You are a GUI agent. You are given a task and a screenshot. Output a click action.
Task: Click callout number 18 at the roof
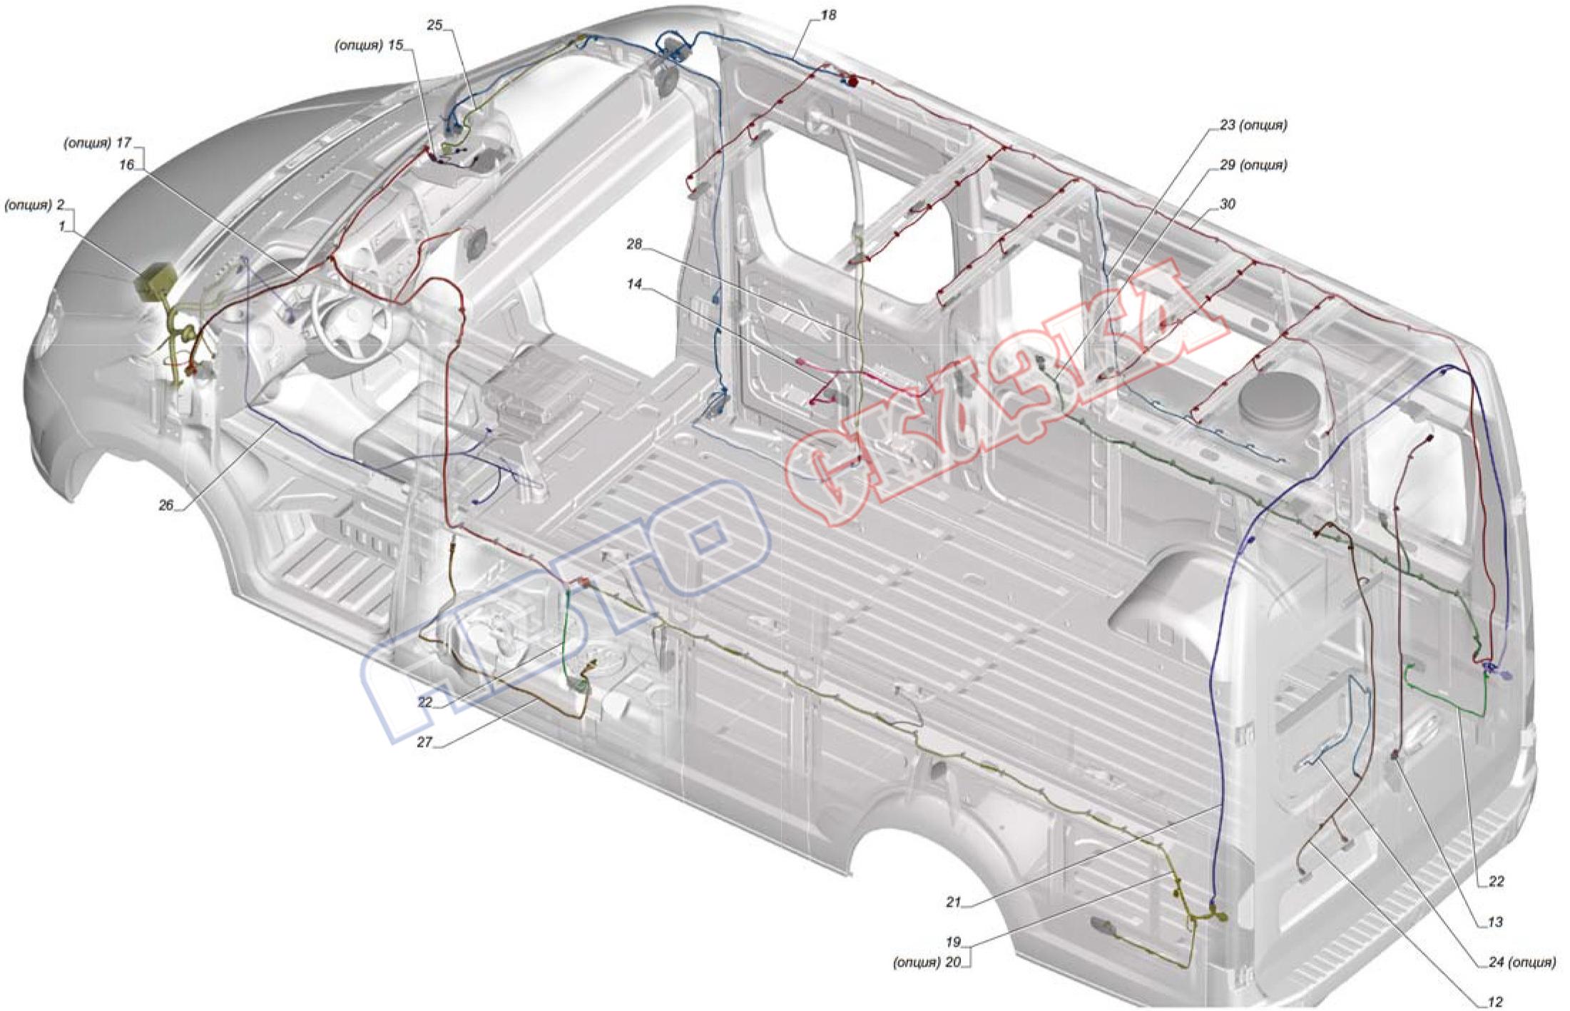pyautogui.click(x=827, y=15)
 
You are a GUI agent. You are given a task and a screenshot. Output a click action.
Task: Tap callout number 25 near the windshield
pyautogui.click(x=434, y=25)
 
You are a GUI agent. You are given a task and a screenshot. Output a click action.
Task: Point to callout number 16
pyautogui.click(x=126, y=165)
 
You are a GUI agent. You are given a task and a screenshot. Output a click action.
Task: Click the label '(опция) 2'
pyautogui.click(x=35, y=205)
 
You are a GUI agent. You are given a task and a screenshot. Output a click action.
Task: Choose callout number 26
pyautogui.click(x=165, y=505)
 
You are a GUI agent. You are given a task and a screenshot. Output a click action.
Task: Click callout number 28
pyautogui.click(x=634, y=244)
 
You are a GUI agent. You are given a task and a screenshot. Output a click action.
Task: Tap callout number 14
pyautogui.click(x=634, y=284)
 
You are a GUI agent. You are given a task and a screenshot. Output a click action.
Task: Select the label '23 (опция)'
pyautogui.click(x=1253, y=126)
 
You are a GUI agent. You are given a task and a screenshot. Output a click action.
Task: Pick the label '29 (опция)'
pyautogui.click(x=1253, y=166)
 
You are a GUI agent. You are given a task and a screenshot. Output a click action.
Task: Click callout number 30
pyautogui.click(x=1227, y=205)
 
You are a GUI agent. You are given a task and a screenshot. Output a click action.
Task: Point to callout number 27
pyautogui.click(x=424, y=742)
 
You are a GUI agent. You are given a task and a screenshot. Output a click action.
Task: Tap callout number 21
pyautogui.click(x=954, y=902)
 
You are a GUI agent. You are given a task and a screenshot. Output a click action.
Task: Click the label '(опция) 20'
pyautogui.click(x=927, y=962)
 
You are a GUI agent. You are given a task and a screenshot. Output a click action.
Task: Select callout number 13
pyautogui.click(x=1495, y=922)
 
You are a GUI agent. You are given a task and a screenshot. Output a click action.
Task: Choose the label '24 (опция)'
pyautogui.click(x=1521, y=962)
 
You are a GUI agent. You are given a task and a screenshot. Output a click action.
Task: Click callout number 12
pyautogui.click(x=1496, y=1002)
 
